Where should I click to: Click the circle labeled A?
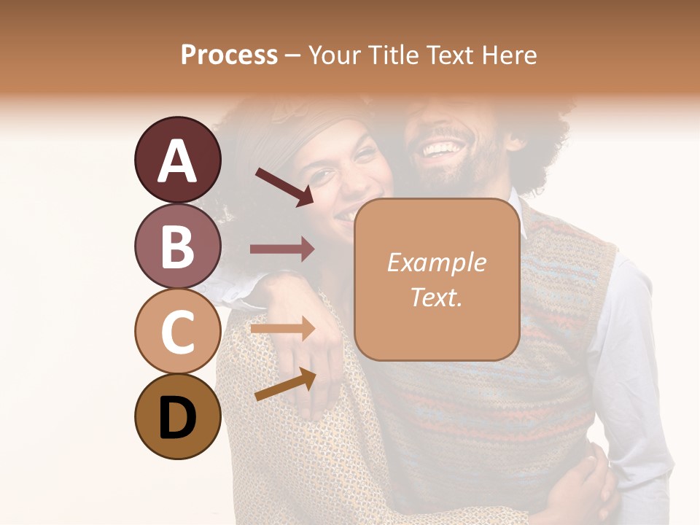(177, 160)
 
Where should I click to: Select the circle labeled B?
(177, 246)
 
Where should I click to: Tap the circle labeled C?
(177, 331)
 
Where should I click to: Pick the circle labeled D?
(177, 417)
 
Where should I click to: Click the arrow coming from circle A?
(284, 187)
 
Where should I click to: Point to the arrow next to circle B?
(282, 249)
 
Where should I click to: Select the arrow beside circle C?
(282, 329)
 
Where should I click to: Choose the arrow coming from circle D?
(284, 384)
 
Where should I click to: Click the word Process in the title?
(229, 55)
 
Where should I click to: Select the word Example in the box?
(437, 262)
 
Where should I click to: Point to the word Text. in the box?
(437, 297)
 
